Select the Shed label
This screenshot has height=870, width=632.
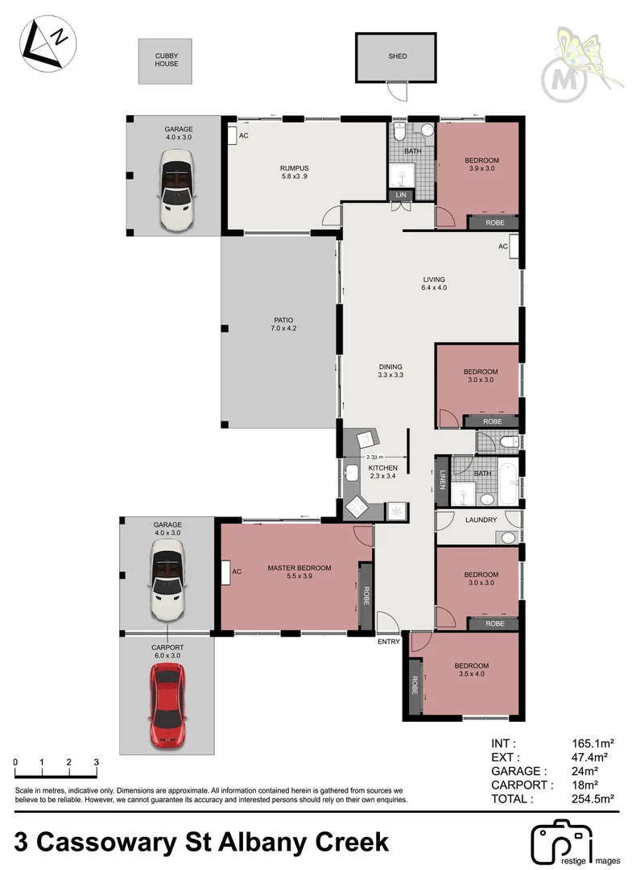click(397, 56)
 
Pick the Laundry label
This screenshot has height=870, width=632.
click(481, 520)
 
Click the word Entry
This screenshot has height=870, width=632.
click(388, 642)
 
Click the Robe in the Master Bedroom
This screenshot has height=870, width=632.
click(365, 597)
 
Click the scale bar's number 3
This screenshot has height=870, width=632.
click(96, 762)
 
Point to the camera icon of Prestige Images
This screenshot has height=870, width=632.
click(561, 843)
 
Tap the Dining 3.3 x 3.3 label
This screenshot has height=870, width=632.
click(390, 371)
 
